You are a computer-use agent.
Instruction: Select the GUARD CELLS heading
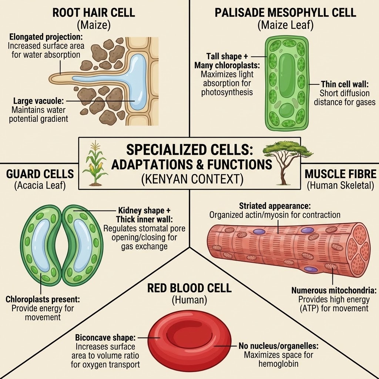[x=40, y=174]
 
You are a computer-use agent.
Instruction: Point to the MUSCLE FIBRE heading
[x=339, y=174]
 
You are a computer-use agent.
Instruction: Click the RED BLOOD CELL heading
[x=189, y=288]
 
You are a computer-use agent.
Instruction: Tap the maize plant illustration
[x=95, y=163]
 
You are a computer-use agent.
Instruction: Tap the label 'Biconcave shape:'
[x=105, y=338]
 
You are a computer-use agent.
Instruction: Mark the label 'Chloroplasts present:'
[x=43, y=299]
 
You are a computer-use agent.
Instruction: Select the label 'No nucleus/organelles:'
[x=278, y=346]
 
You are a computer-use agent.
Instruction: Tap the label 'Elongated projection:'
[x=46, y=38]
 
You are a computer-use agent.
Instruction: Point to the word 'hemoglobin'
[x=278, y=364]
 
